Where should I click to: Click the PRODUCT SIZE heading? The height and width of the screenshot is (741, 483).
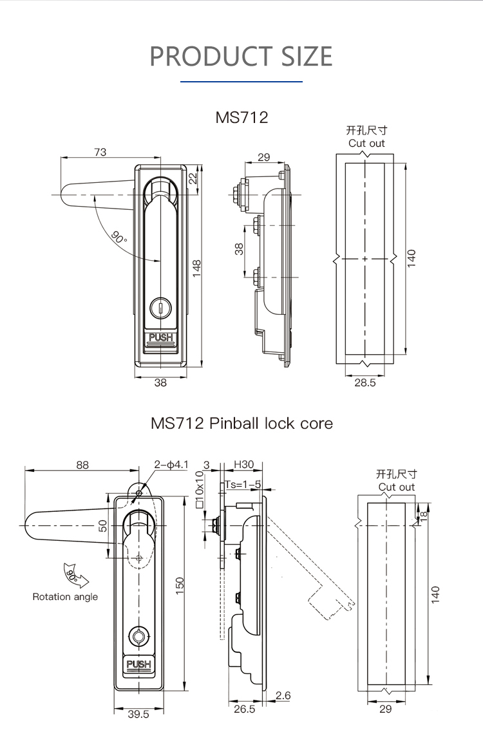(241, 57)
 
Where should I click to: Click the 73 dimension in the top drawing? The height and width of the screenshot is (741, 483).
(100, 153)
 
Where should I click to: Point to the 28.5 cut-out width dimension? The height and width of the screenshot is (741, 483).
(365, 382)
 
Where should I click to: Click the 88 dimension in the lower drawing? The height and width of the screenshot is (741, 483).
(82, 465)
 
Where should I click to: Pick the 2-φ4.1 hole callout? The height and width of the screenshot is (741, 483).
(171, 464)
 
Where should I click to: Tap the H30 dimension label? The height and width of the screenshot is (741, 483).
(243, 465)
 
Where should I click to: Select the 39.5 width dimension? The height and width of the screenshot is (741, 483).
(138, 713)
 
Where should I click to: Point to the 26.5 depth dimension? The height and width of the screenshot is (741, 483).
(245, 709)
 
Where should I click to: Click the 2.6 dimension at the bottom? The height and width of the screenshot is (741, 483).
(283, 695)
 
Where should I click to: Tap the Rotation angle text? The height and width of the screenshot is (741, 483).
(65, 597)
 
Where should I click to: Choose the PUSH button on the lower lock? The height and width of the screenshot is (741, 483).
(138, 664)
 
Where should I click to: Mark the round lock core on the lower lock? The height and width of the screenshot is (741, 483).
(138, 636)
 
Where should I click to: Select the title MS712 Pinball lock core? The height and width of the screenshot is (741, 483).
(241, 423)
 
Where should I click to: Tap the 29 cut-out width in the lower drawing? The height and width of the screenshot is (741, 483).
(386, 709)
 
